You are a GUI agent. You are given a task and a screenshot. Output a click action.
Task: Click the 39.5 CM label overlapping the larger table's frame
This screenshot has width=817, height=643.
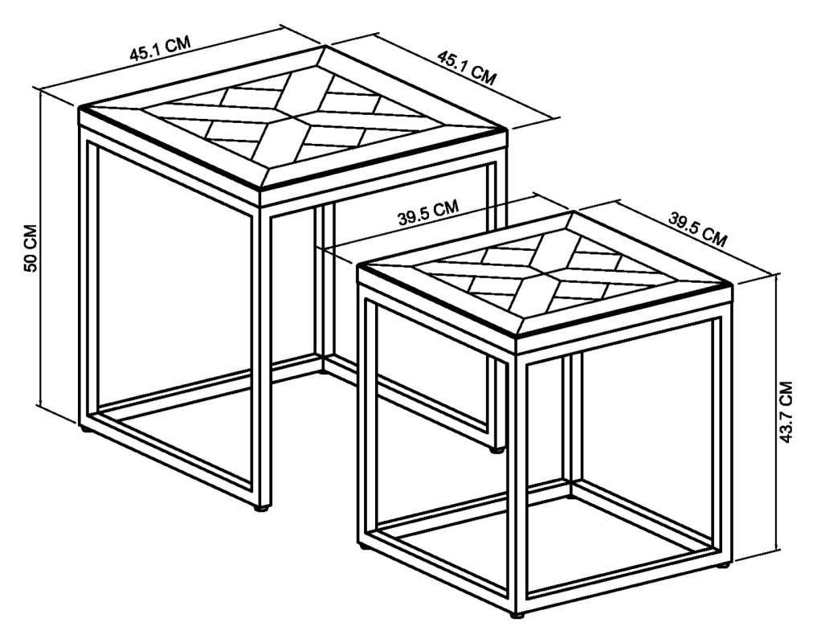tap(428, 212)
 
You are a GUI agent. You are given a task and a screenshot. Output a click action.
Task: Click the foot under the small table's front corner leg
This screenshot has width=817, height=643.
tap(517, 615)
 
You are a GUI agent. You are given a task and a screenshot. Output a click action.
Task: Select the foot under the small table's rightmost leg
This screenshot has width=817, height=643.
tap(724, 566)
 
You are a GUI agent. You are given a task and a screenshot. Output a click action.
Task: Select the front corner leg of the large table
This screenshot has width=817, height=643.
tap(262, 354)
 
